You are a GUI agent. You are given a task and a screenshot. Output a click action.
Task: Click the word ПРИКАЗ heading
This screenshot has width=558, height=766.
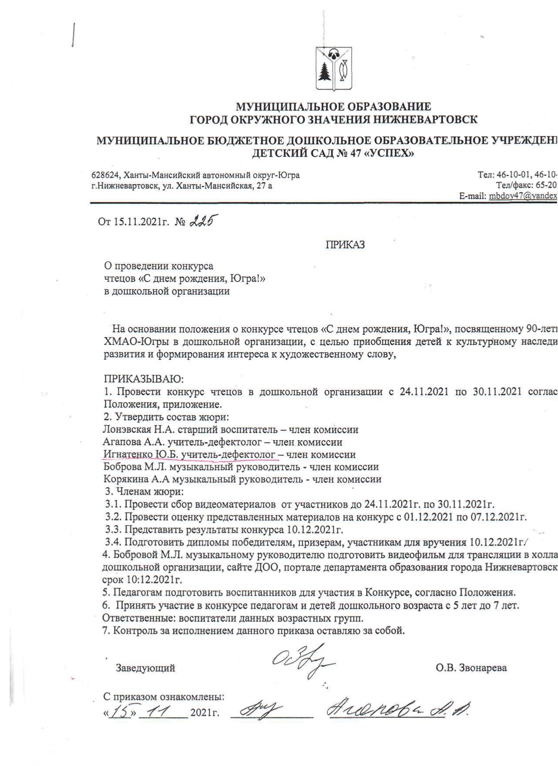click(345, 245)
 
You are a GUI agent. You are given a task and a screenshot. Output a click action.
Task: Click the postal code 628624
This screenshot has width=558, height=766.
click(103, 175)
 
